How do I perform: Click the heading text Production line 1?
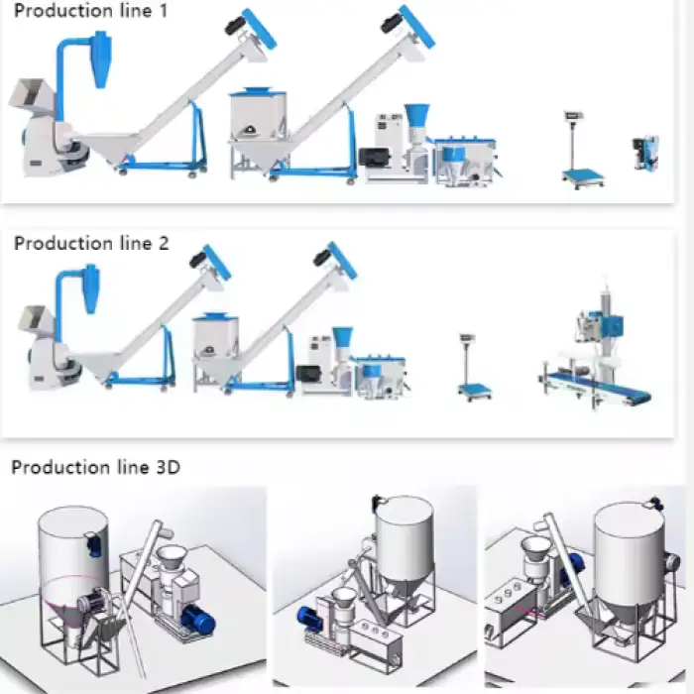pyautogui.click(x=91, y=11)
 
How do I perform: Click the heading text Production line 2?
pyautogui.click(x=91, y=243)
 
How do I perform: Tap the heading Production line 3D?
pyautogui.click(x=95, y=467)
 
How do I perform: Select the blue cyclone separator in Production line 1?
pyautogui.click(x=101, y=58)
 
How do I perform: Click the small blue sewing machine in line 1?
pyautogui.click(x=645, y=153)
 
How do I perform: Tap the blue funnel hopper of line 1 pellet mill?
pyautogui.click(x=416, y=116)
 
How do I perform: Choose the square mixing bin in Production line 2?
pyautogui.click(x=216, y=350)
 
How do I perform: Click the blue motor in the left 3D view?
pyautogui.click(x=198, y=619)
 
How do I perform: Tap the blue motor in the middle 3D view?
pyautogui.click(x=307, y=616)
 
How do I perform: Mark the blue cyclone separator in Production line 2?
pyautogui.click(x=91, y=289)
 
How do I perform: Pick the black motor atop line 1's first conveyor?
pyautogui.click(x=235, y=25)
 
